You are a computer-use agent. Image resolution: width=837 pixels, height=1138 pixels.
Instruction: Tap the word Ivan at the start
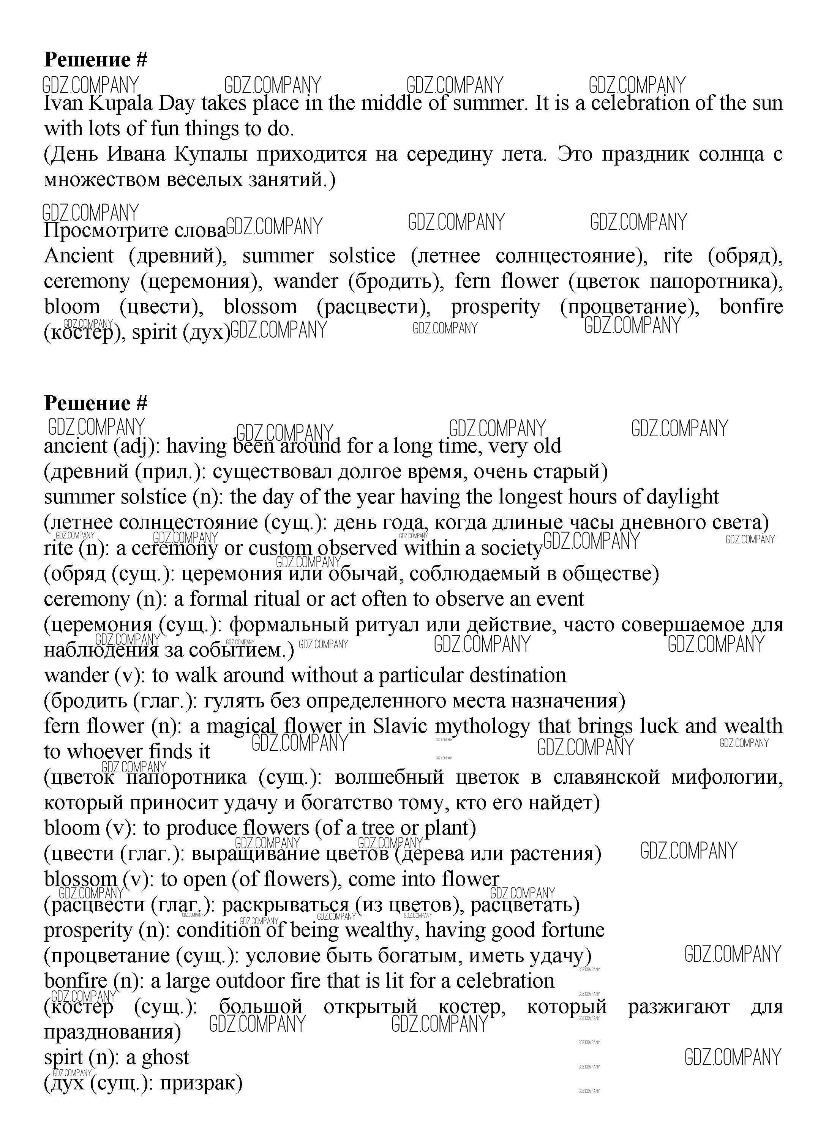62,104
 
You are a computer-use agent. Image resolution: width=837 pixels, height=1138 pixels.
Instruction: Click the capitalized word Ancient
79,256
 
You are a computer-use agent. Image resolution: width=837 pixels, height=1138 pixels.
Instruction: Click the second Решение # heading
96,404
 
